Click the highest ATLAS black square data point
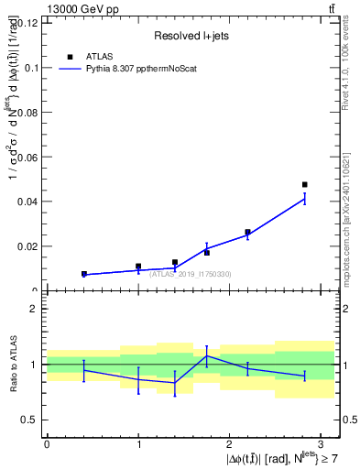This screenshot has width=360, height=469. [304, 185]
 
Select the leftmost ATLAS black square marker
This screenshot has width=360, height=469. [83, 274]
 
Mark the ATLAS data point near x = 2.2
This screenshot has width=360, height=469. [247, 233]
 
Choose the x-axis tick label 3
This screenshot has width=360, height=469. [322, 442]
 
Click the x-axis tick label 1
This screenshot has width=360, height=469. [138, 442]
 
